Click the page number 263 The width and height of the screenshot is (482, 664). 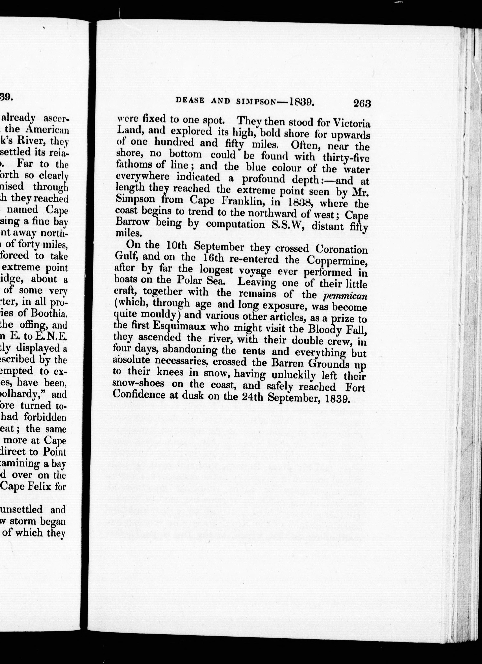(x=362, y=103)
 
